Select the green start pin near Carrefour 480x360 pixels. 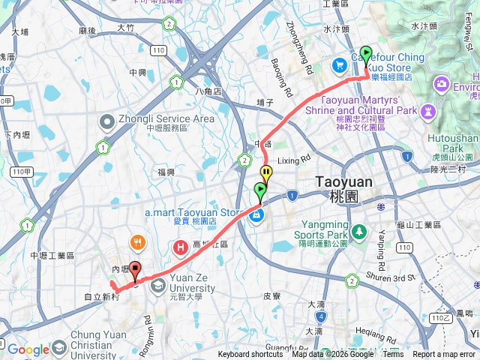[366, 55]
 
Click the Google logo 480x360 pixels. [28, 349]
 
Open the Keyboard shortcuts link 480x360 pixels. [250, 355]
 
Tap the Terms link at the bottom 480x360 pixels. [392, 355]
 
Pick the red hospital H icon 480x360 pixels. [180, 246]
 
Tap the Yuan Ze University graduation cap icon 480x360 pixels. [159, 286]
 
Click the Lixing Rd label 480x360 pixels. [294, 160]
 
